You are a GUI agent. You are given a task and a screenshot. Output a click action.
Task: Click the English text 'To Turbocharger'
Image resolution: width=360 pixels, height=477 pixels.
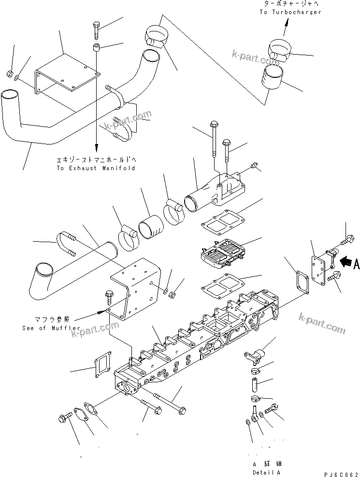tap(290, 12)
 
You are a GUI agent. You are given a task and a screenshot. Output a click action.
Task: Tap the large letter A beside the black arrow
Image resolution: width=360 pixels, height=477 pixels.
tap(357, 263)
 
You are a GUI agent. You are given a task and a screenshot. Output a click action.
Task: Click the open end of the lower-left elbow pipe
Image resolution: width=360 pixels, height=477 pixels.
tap(41, 268)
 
